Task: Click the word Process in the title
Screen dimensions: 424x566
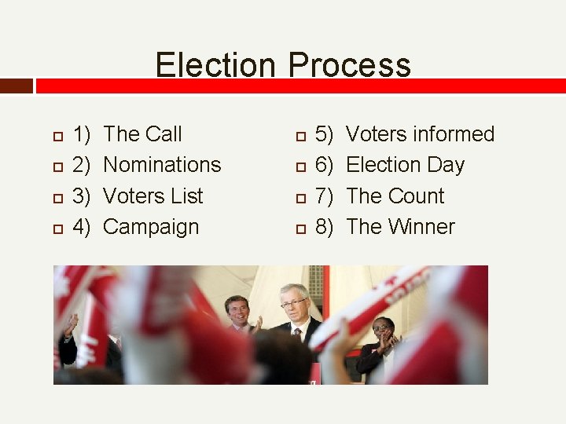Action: click(x=349, y=64)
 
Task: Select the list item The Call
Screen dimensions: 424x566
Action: click(x=142, y=134)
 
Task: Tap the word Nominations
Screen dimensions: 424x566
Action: click(x=162, y=165)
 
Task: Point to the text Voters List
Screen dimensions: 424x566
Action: click(x=153, y=196)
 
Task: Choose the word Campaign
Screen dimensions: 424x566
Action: click(x=151, y=227)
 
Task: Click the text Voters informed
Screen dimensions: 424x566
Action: click(x=420, y=134)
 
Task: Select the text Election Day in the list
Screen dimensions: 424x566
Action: click(x=405, y=165)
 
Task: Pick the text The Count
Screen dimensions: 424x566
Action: click(x=395, y=196)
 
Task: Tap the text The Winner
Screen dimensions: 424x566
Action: click(x=400, y=227)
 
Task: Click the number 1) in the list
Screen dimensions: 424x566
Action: click(x=82, y=134)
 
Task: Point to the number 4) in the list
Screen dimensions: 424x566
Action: click(x=82, y=227)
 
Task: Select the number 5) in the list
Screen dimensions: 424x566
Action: click(x=325, y=134)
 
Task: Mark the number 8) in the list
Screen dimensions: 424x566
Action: click(x=325, y=227)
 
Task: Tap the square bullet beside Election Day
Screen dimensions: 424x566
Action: click(x=300, y=166)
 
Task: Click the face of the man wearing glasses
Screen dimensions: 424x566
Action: click(x=294, y=303)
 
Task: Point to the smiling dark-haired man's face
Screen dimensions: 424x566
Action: click(x=237, y=309)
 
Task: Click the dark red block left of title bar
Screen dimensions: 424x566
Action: click(x=17, y=86)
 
